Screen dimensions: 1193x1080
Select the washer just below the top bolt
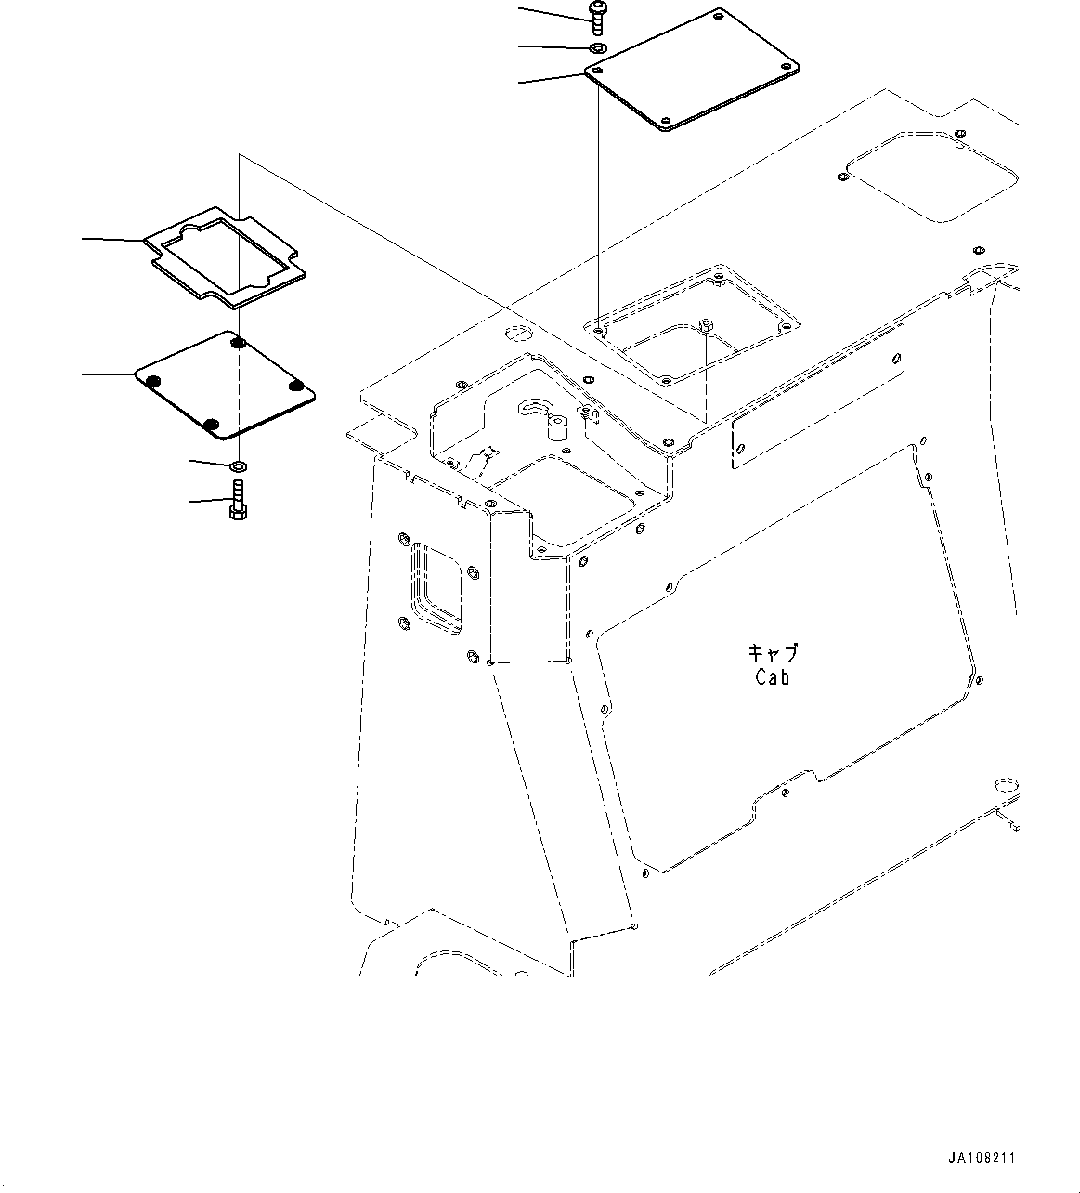tap(597, 46)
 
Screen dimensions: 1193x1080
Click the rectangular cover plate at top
tap(695, 71)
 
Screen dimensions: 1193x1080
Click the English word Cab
tap(772, 678)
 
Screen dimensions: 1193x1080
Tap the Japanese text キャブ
tap(772, 654)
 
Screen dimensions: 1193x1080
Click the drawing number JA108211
tap(982, 1159)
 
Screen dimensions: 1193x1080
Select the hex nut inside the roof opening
tap(706, 325)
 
